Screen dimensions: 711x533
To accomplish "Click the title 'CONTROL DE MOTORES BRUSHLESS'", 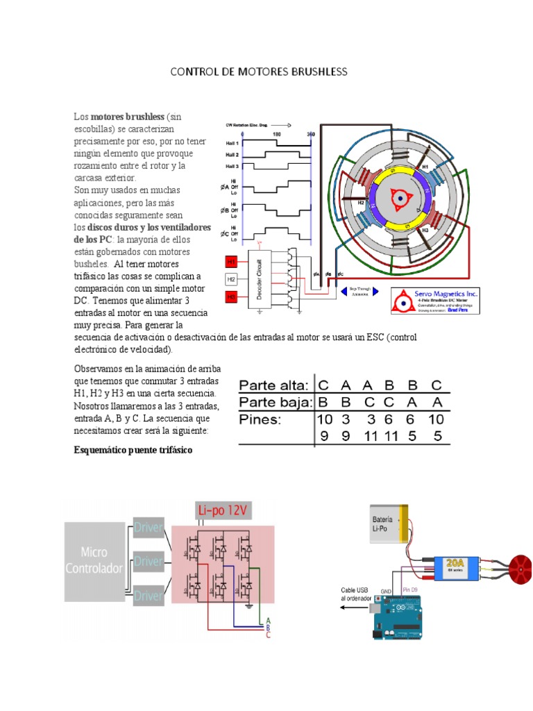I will [x=258, y=72].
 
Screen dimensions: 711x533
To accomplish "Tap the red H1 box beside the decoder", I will [x=232, y=262].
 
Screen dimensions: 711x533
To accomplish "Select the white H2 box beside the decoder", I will [x=232, y=279].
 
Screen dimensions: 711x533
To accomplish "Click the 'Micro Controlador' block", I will [x=94, y=560].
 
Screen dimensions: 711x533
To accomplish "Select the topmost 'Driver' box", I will [x=149, y=529].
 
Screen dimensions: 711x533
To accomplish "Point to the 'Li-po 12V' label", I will [x=224, y=512].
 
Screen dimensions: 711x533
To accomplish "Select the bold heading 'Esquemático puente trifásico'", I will [x=133, y=451].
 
